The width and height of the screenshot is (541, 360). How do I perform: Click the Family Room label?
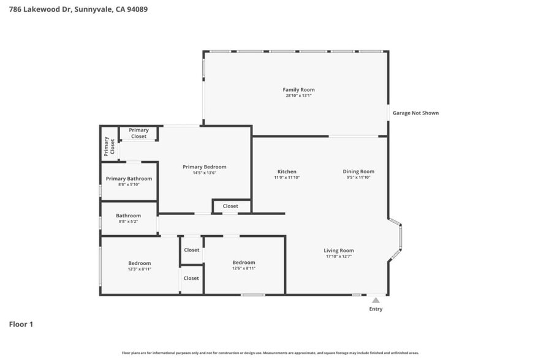click(298, 90)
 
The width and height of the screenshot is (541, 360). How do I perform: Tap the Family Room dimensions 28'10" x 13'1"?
click(298, 96)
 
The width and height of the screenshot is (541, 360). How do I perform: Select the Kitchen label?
click(287, 172)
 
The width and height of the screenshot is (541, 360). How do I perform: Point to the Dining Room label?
click(358, 172)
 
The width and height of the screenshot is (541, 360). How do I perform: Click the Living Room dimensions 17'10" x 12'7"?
click(339, 257)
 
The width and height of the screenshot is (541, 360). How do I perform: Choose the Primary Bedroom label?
click(205, 167)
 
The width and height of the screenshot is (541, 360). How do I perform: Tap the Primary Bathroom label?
click(129, 179)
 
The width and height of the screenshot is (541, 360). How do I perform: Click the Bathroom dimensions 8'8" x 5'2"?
click(129, 221)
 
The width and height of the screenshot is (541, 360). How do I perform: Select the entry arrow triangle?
click(376, 300)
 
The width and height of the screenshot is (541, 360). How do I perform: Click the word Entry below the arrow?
click(376, 309)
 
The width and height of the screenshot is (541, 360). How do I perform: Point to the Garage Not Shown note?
click(415, 113)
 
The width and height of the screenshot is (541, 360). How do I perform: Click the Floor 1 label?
click(21, 324)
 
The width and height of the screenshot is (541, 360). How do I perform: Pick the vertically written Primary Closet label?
click(109, 145)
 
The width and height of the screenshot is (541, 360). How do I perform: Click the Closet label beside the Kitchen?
click(230, 206)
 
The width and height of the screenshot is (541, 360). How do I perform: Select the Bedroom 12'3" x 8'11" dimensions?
click(139, 269)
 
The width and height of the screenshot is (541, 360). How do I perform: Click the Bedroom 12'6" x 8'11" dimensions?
click(243, 268)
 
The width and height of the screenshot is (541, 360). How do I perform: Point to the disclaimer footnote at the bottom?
click(270, 353)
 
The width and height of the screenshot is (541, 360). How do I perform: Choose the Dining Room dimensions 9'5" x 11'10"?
click(358, 178)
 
